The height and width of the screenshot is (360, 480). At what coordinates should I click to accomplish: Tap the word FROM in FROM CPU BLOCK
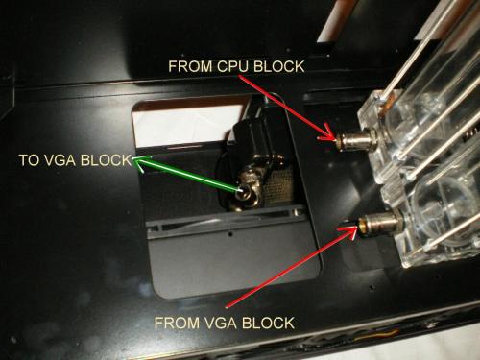click(190, 66)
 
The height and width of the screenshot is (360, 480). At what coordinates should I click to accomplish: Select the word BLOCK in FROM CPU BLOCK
click(279, 66)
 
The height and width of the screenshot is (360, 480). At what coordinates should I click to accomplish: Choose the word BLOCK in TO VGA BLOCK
click(106, 160)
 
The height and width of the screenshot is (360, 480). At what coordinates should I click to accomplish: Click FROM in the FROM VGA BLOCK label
click(177, 323)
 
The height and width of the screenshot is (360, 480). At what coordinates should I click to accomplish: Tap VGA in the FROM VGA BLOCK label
click(221, 323)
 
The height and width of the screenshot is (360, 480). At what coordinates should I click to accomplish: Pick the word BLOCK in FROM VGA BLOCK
click(268, 323)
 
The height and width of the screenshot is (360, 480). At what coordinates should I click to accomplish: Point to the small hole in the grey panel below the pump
click(231, 234)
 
